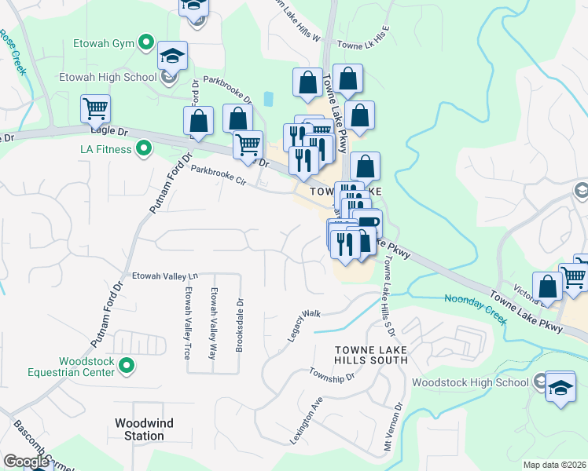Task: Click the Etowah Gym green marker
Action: [x=145, y=42]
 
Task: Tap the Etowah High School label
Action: [x=107, y=77]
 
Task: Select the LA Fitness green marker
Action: [x=144, y=148]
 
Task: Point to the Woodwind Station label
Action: [x=144, y=429]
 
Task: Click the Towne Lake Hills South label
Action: [x=371, y=354]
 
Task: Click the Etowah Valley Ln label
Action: [x=166, y=276]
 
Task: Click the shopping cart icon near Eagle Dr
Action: [x=95, y=108]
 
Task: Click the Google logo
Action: [x=26, y=462]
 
